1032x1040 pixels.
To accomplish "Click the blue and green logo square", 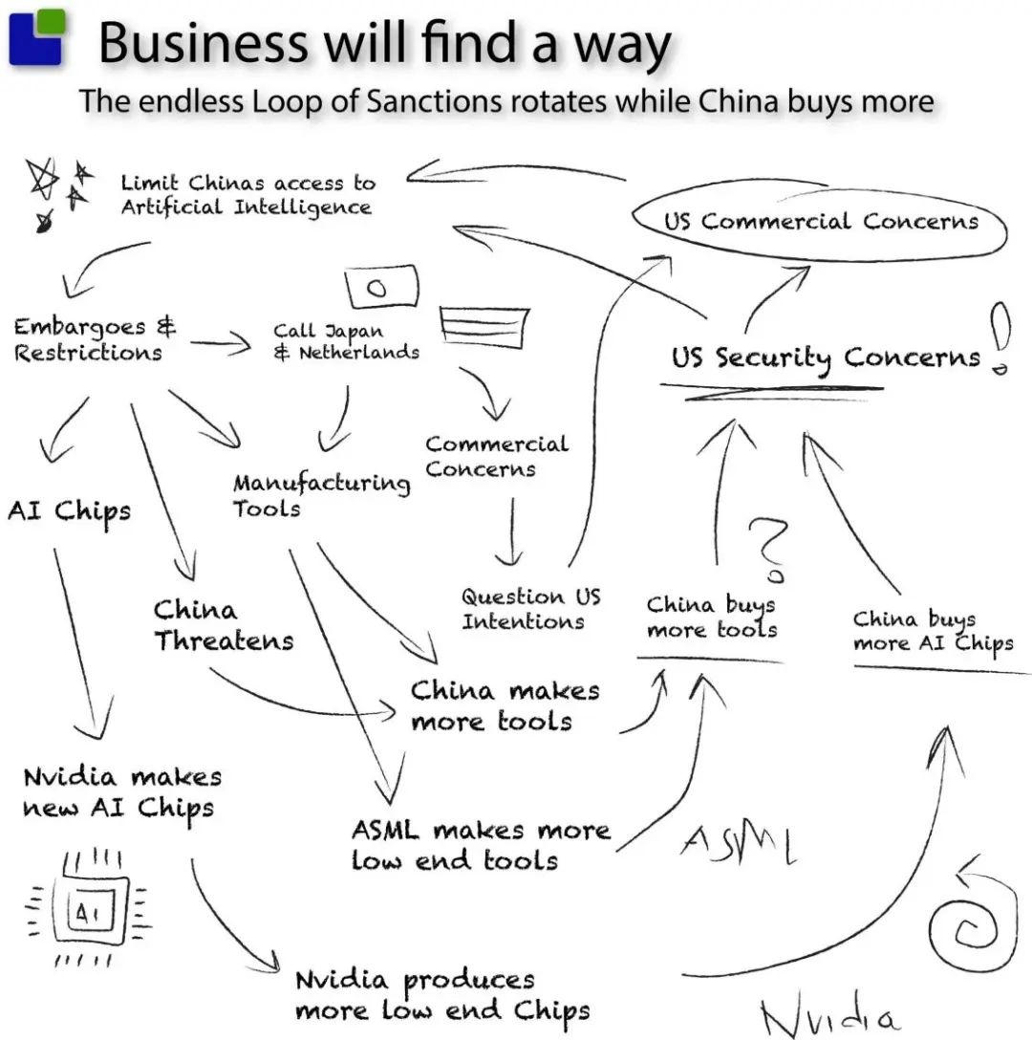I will [x=37, y=37].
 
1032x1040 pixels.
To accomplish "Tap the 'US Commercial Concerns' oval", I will [x=820, y=222].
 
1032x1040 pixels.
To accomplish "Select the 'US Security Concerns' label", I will [x=825, y=357].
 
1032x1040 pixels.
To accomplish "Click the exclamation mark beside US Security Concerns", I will [x=999, y=338].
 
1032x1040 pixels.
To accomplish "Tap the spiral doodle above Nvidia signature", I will [x=967, y=919].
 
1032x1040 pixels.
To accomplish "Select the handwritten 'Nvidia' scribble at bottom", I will [x=828, y=1015].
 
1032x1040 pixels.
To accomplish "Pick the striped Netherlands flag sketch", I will [x=485, y=327].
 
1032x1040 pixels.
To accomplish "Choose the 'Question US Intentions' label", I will [x=530, y=609].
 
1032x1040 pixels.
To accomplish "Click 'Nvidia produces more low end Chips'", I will [x=441, y=995].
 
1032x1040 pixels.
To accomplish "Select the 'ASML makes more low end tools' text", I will [x=480, y=844].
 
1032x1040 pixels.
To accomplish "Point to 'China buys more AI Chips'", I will [x=933, y=632].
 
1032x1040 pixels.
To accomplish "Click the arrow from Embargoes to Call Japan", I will [x=222, y=345].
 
